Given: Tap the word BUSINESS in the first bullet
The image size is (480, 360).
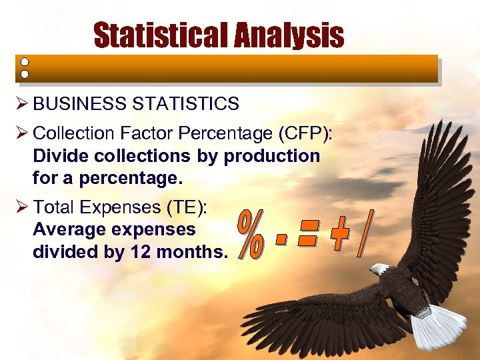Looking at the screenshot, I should [x=73, y=104].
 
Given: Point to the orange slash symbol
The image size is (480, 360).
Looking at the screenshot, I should [x=364, y=233].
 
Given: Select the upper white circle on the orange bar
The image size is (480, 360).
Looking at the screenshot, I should [x=24, y=61].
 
